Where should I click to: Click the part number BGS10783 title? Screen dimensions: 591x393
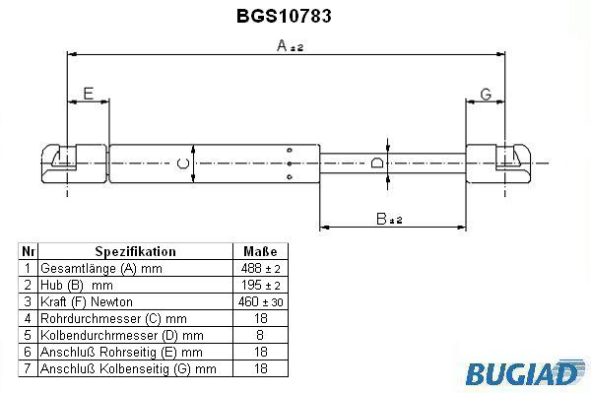tap(284, 16)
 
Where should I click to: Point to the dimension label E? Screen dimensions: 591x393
tap(89, 94)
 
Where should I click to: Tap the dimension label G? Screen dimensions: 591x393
tap(486, 95)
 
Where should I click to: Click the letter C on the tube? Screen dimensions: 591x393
tap(183, 164)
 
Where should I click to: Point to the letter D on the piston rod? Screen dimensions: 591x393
tap(377, 163)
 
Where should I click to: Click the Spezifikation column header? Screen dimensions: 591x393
tap(135, 251)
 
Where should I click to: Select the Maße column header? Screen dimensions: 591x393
tap(260, 251)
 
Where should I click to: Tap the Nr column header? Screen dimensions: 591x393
tap(29, 251)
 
